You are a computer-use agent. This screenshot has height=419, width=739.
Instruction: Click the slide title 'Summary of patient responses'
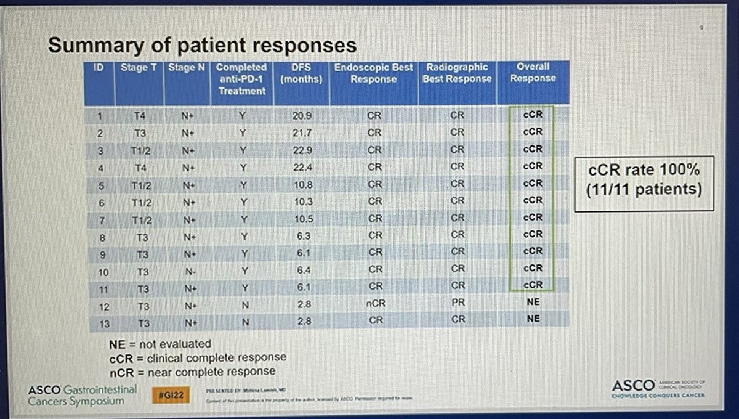point(202,45)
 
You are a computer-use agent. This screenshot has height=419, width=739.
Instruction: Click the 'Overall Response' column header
point(533,72)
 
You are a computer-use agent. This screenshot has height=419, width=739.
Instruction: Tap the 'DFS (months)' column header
point(301,72)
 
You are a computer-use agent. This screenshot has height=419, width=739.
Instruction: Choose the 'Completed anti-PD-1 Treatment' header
point(242,78)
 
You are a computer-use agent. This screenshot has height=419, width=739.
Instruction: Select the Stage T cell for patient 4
point(142,166)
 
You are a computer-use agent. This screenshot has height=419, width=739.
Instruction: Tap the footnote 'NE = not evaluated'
point(160,343)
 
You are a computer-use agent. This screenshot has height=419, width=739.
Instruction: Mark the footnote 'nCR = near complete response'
point(192,372)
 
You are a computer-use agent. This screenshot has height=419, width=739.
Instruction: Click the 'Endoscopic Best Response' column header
point(373,72)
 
